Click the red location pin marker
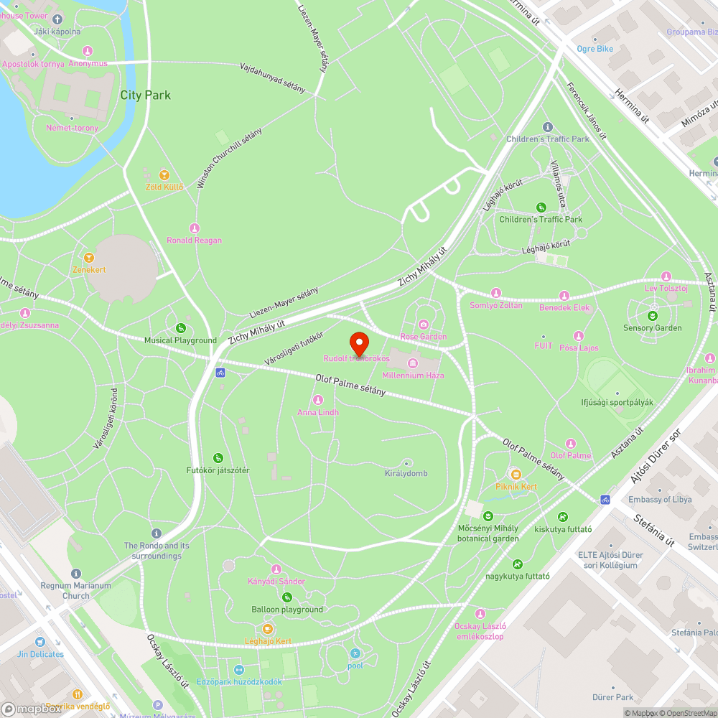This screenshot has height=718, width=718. click(x=358, y=342)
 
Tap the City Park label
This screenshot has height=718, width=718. click(x=145, y=95)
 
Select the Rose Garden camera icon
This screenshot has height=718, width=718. click(x=423, y=325)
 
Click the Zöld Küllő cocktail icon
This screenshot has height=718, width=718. click(x=164, y=174)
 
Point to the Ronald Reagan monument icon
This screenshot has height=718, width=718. click(x=194, y=228)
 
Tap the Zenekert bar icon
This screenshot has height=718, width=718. click(x=89, y=258)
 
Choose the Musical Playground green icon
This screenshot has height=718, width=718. click(x=180, y=328)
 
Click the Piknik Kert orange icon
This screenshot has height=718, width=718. click(x=516, y=474)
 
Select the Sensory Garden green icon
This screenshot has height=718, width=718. click(x=652, y=315)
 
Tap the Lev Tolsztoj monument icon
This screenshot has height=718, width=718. click(x=666, y=276)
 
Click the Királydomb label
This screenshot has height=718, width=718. click(x=406, y=473)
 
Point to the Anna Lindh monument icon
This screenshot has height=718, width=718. click(x=318, y=400)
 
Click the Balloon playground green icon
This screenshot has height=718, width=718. click(x=287, y=597)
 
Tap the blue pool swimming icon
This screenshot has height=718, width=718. click(x=355, y=653)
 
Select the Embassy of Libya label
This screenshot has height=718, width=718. click(x=660, y=500)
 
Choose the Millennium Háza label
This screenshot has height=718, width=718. click(x=413, y=376)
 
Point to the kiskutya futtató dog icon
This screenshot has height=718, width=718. click(x=563, y=517)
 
